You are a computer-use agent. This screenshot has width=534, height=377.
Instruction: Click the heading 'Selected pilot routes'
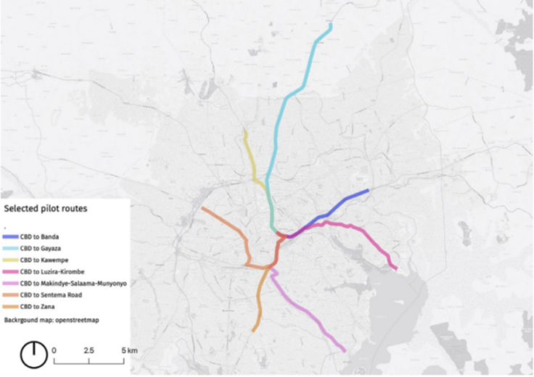coord(46,208)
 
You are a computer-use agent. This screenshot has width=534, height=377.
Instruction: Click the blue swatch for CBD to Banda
coord(11,236)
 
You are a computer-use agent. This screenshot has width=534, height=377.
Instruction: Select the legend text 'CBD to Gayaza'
coord(40,248)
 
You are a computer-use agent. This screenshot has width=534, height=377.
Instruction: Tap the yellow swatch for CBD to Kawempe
coord(11,260)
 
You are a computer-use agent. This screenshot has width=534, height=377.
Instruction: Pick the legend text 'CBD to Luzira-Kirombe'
coord(53,271)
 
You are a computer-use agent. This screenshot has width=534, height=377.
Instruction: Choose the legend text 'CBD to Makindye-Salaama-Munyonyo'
coord(73,283)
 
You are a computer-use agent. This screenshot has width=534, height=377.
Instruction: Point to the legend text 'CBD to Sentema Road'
coord(52,294)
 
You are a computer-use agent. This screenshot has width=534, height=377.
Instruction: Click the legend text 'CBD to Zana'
coord(37,306)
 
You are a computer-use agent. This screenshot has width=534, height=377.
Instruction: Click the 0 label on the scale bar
coord(54,350)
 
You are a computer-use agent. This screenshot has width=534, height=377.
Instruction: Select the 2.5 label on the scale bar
coord(89,350)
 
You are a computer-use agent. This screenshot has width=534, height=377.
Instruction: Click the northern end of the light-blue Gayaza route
coord(331,25)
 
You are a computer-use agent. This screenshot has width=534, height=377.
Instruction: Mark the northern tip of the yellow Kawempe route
coord(245,132)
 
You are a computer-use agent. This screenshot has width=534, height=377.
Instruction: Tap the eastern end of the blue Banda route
coord(368,191)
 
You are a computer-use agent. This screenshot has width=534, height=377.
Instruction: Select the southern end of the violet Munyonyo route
coord(343,350)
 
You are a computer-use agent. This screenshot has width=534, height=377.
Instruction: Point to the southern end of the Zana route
coord(253,331)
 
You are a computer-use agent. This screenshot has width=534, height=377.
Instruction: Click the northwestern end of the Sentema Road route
coord(202,210)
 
